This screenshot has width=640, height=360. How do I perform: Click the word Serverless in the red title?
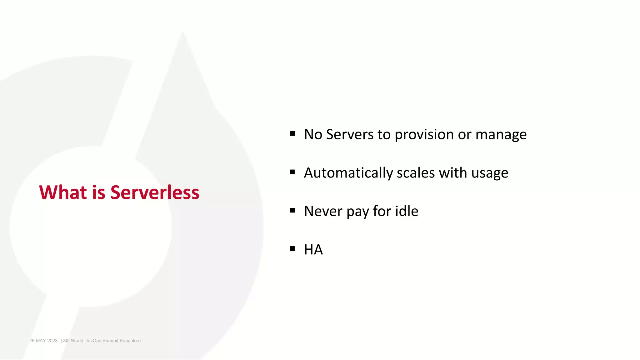[x=155, y=192]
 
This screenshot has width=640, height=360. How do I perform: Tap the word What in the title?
[x=63, y=192]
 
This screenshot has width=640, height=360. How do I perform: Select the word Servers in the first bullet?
[x=350, y=134]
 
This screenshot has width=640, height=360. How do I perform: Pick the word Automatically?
[x=348, y=173]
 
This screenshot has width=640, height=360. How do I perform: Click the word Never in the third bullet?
[x=323, y=211]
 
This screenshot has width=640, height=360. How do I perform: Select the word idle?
[x=407, y=211]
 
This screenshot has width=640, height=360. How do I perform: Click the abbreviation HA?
[x=313, y=250]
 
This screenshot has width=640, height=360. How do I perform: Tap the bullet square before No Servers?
[x=292, y=134]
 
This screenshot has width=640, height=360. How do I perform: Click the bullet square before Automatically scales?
[x=292, y=172]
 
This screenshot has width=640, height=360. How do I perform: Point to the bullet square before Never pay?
[x=292, y=210]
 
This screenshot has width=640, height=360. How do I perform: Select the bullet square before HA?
[x=292, y=249]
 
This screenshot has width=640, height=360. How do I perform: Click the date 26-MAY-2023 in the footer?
[x=43, y=341]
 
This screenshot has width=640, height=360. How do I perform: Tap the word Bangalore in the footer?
[x=130, y=341]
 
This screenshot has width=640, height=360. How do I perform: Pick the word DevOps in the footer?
[x=93, y=341]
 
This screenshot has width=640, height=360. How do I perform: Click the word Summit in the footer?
[x=110, y=341]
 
